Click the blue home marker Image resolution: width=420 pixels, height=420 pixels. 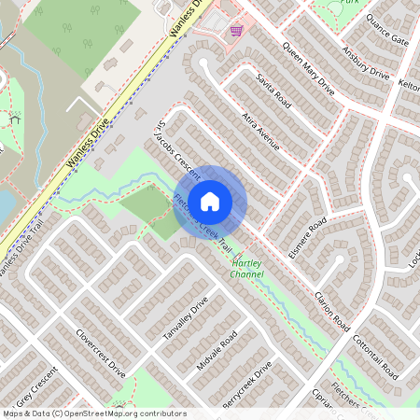click(x=210, y=201)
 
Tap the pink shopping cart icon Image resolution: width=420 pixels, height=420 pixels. click(x=237, y=30)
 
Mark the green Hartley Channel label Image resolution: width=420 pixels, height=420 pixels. click(x=247, y=270)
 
